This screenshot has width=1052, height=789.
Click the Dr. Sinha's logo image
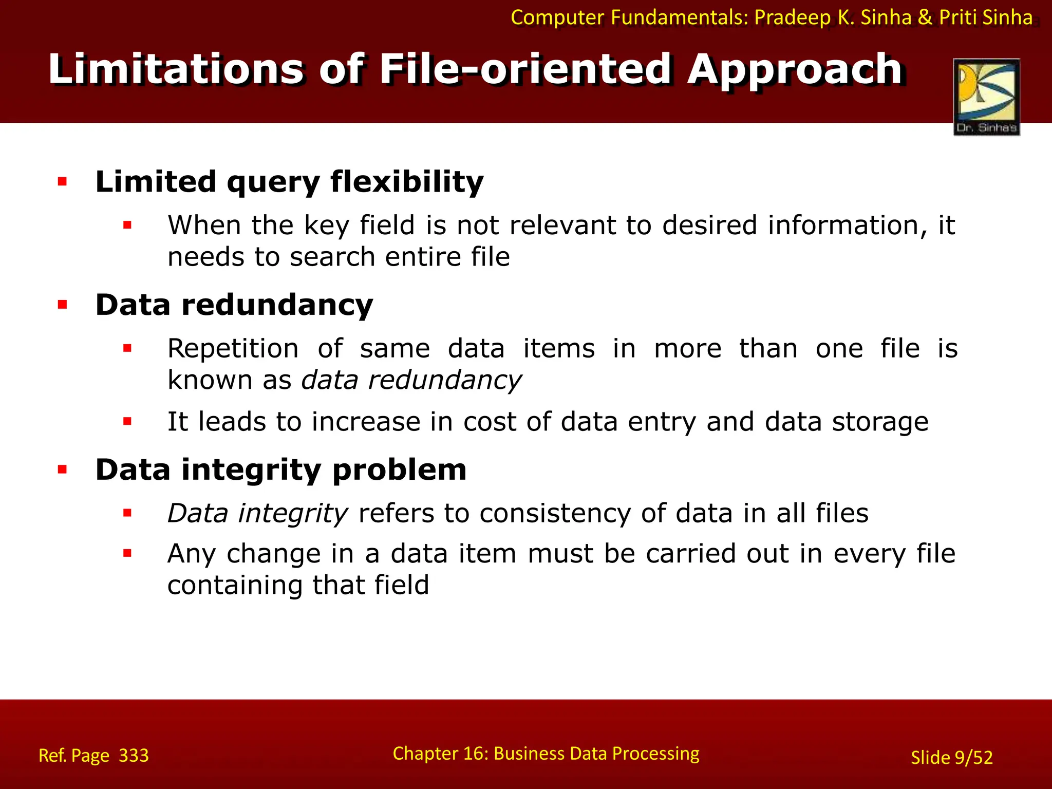986,96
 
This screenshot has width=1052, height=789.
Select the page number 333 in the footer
134,756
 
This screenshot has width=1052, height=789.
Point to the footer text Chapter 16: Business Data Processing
546,754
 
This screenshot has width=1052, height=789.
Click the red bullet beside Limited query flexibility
63,181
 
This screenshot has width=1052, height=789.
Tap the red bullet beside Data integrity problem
63,469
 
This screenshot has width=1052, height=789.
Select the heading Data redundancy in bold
234,305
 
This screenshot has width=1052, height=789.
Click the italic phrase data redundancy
411,380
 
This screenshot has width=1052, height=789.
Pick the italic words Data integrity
258,513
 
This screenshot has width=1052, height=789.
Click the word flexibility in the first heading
407,182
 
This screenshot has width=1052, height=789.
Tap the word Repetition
233,349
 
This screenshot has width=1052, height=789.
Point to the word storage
880,422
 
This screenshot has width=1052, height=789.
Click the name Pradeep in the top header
792,17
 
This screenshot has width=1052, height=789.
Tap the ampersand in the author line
925,17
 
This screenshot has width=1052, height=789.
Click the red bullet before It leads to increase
127,422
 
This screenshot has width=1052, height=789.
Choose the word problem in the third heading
399,470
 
